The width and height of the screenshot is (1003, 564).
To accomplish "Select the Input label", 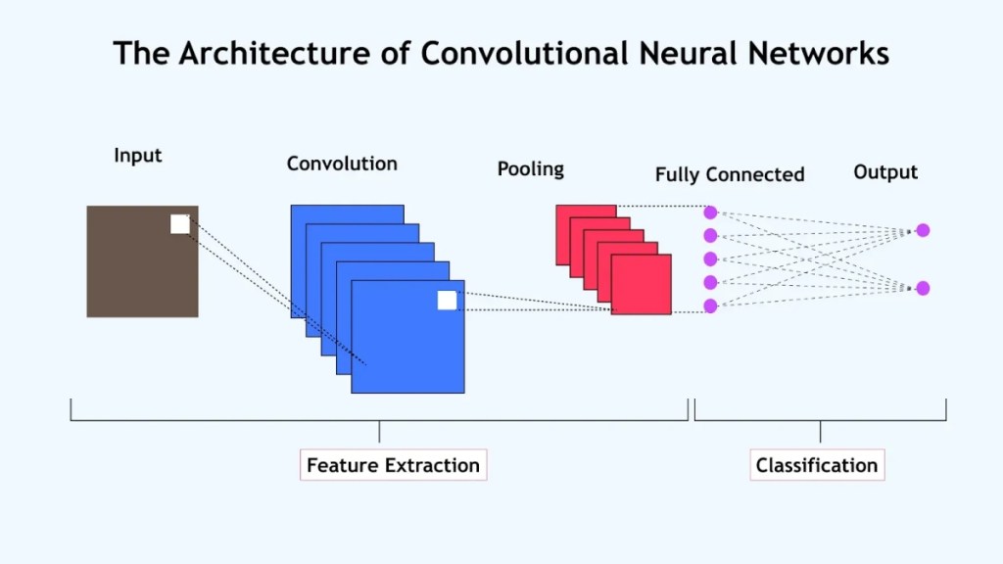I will tap(138, 156).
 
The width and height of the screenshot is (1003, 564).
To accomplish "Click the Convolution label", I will tap(342, 164).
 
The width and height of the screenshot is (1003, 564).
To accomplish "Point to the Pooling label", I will tap(531, 168).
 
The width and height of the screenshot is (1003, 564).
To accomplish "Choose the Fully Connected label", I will tap(730, 175).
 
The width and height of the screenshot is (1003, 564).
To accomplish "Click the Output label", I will tap(885, 172).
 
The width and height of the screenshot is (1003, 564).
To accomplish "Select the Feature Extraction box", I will tap(393, 465).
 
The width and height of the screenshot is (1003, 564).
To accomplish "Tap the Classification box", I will tap(817, 465).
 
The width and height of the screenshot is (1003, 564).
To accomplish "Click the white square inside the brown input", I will tap(180, 224).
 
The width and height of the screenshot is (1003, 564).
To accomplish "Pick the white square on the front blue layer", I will tap(447, 300).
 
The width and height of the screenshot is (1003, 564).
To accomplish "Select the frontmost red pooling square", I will tap(642, 284).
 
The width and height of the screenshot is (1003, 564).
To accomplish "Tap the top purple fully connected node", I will tap(710, 212).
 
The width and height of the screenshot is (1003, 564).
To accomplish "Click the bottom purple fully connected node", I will tap(710, 306).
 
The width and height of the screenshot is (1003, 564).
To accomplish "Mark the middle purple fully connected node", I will tap(710, 259).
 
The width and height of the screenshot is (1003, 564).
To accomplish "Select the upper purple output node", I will tap(923, 230).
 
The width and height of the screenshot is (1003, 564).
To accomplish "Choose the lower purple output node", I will tap(923, 288).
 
